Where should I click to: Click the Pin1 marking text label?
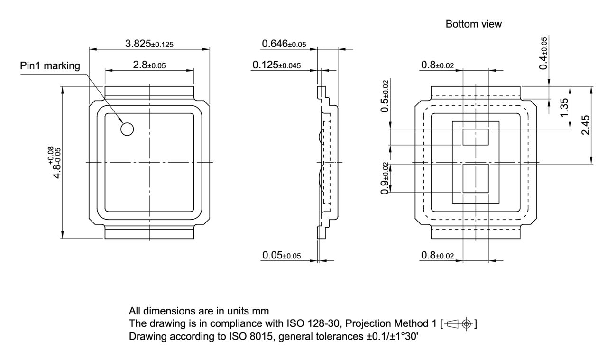[50, 65]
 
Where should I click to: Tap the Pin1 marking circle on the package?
[127, 129]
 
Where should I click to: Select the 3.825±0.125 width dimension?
[149, 44]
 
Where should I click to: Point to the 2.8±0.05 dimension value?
[149, 65]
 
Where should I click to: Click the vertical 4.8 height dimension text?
[57, 162]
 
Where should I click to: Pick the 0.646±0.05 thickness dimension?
[284, 44]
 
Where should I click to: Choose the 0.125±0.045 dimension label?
[276, 65]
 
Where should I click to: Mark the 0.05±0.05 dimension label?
[282, 256]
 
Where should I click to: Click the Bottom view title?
[473, 24]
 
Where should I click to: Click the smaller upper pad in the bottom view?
[476, 137]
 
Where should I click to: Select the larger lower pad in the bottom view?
[476, 178]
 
